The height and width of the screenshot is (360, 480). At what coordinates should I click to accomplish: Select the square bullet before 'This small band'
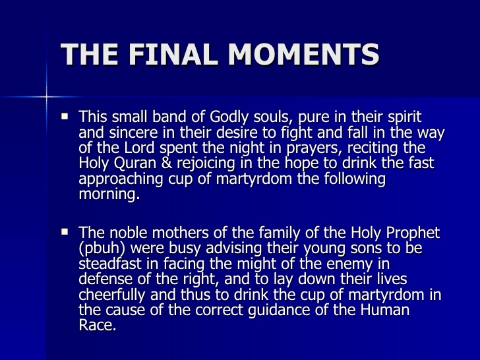(x=65, y=117)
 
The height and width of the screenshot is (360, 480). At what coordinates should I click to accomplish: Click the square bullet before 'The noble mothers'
(x=65, y=232)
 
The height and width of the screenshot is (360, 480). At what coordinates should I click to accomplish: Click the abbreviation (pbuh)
(x=101, y=249)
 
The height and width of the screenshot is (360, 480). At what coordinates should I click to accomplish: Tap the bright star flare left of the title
(x=47, y=97)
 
